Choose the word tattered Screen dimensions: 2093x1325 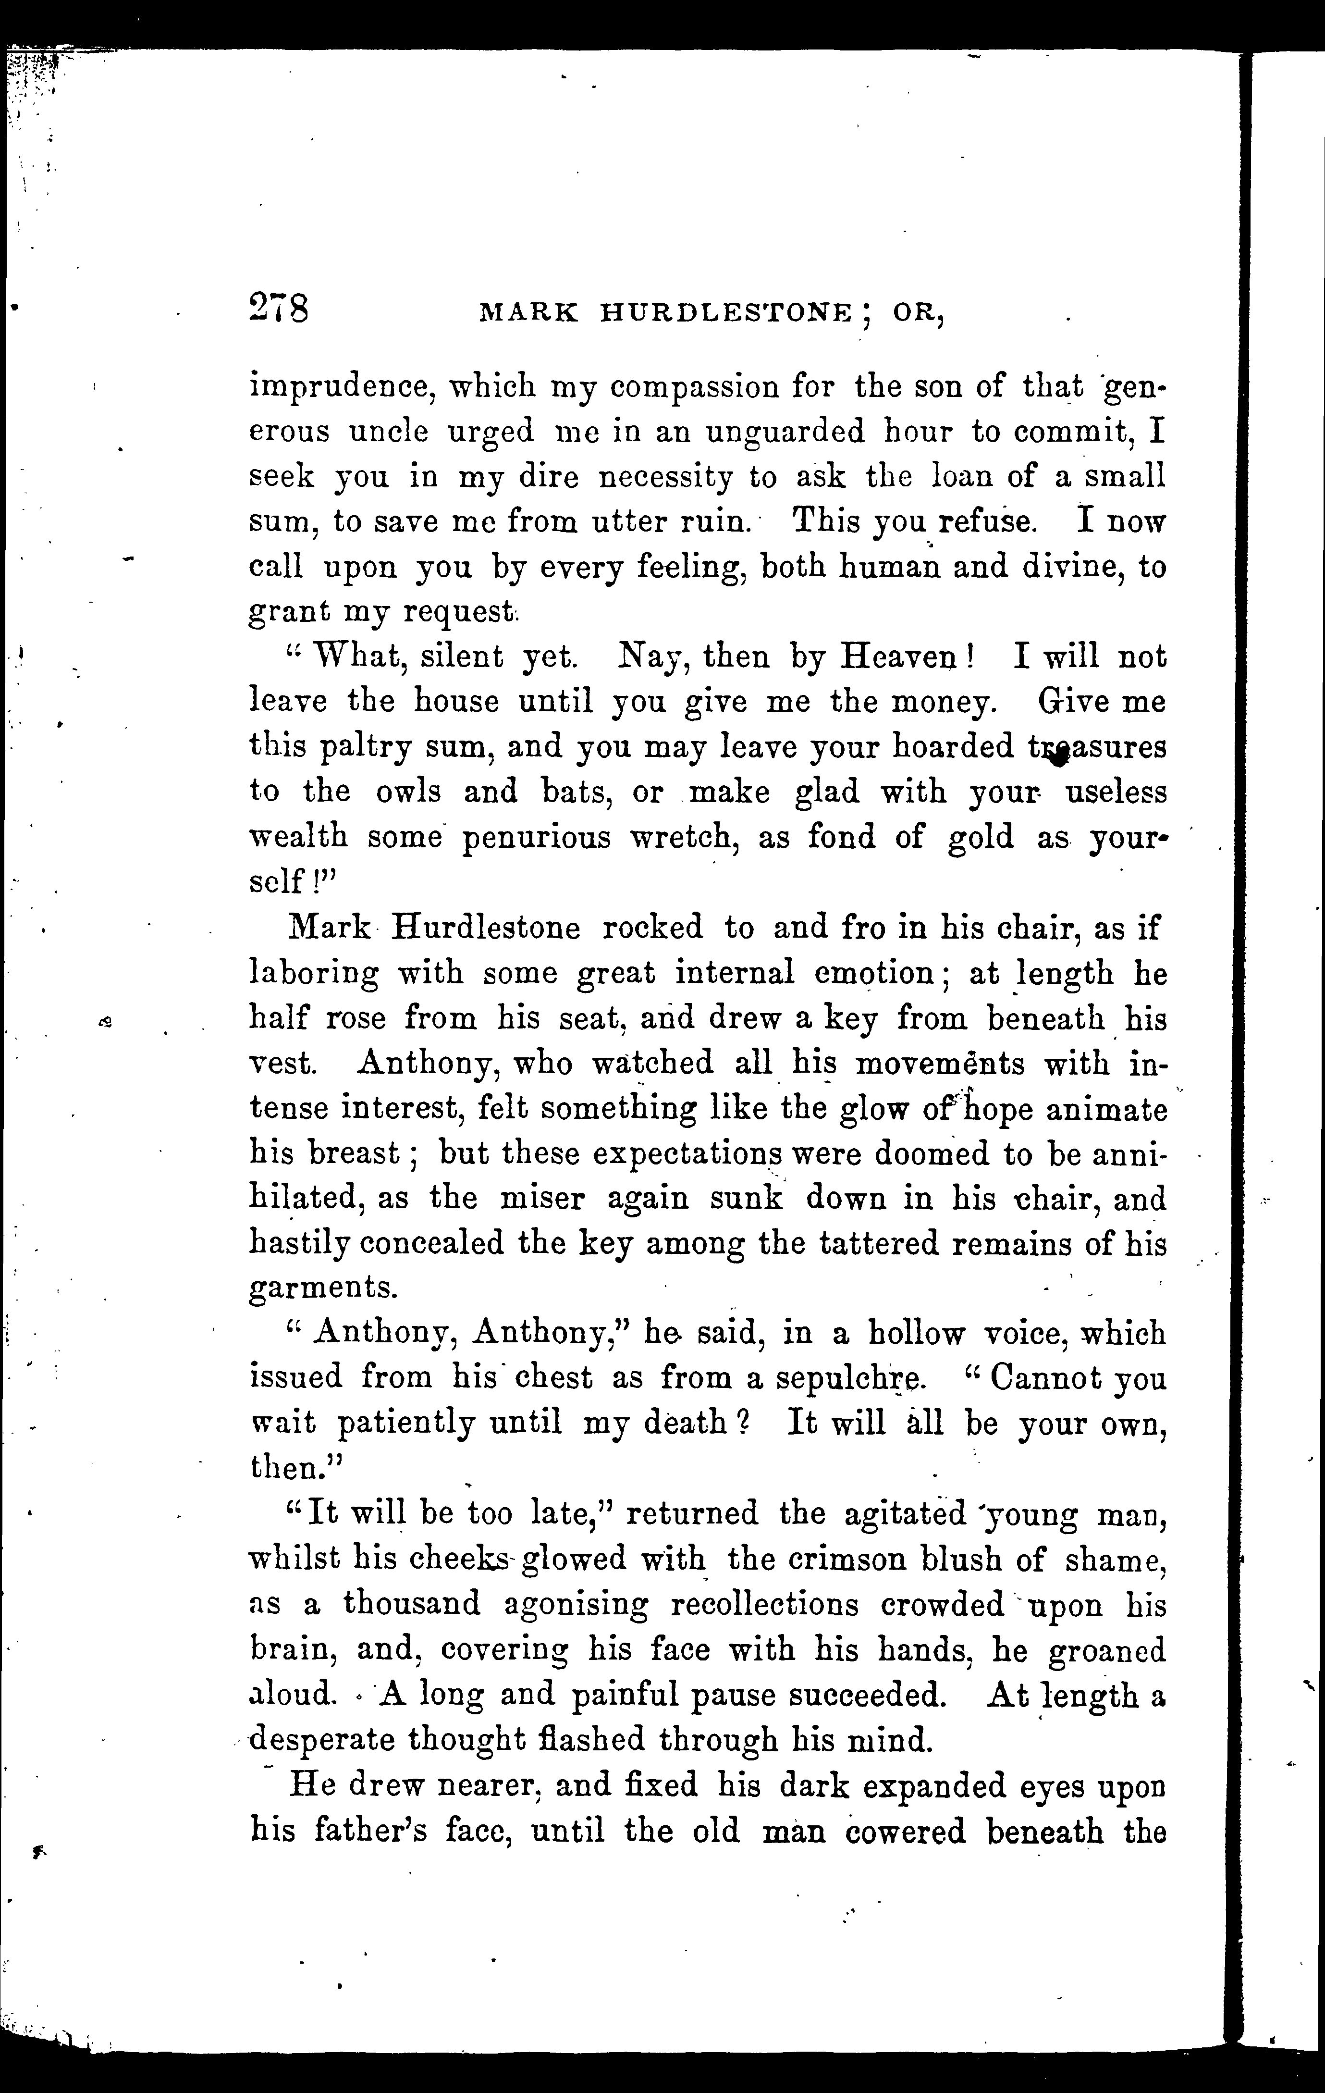(x=878, y=1244)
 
